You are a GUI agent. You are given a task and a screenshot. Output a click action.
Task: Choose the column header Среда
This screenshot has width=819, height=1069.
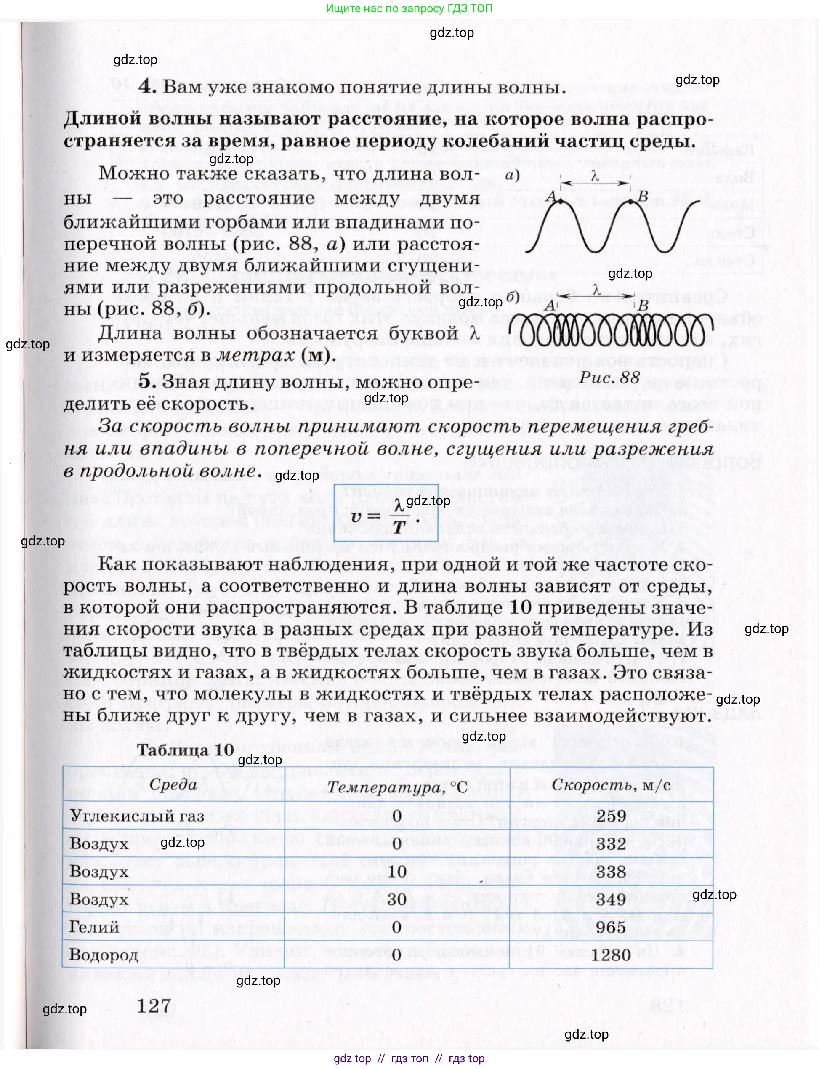pos(173,784)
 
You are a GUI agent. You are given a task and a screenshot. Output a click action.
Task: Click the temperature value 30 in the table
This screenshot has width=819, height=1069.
pos(397,899)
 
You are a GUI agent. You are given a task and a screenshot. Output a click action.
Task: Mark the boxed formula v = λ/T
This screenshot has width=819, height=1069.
pos(386,513)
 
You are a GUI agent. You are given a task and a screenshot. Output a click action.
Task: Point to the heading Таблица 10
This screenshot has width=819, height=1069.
pos(185,750)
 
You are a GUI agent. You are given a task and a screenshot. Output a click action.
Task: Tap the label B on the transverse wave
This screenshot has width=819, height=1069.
pos(643,196)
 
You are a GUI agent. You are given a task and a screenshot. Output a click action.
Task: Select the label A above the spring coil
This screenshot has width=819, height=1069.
pos(550,306)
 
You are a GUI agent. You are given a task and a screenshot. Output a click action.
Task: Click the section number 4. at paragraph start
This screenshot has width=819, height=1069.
pos(147,87)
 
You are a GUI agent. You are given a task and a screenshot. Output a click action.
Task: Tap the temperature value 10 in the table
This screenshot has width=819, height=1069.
pos(397,872)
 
